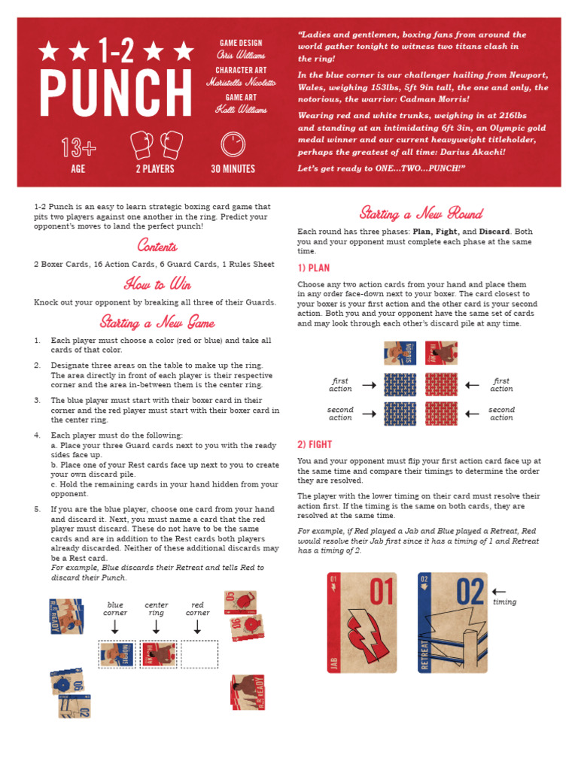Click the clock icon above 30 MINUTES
(233, 144)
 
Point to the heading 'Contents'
(157, 246)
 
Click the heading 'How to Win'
(157, 283)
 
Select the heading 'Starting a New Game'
(157, 322)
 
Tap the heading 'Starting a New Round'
(421, 213)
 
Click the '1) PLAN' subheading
(314, 268)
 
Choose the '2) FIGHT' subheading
(315, 444)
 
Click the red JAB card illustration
(362, 622)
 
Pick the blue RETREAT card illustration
(452, 622)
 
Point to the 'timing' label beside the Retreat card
(504, 602)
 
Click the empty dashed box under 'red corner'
(199, 654)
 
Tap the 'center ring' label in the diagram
(156, 608)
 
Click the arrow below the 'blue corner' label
(115, 627)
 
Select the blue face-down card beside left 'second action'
(400, 414)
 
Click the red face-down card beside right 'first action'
(440, 385)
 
